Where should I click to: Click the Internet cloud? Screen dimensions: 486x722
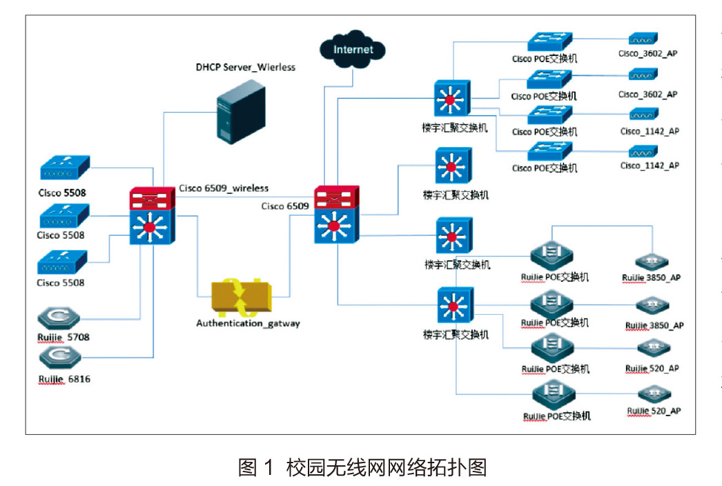point(352,50)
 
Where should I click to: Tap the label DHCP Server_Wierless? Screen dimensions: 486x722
point(245,67)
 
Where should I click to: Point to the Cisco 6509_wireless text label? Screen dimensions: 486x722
point(224,188)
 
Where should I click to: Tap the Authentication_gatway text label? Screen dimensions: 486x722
point(248,323)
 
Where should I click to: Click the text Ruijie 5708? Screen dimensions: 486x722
point(64,338)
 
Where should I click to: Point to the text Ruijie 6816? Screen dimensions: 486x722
point(64,379)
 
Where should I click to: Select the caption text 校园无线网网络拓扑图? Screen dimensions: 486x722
point(387,468)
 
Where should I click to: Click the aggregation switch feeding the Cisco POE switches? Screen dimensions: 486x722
point(452,97)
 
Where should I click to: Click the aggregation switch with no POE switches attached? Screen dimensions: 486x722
point(453,166)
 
